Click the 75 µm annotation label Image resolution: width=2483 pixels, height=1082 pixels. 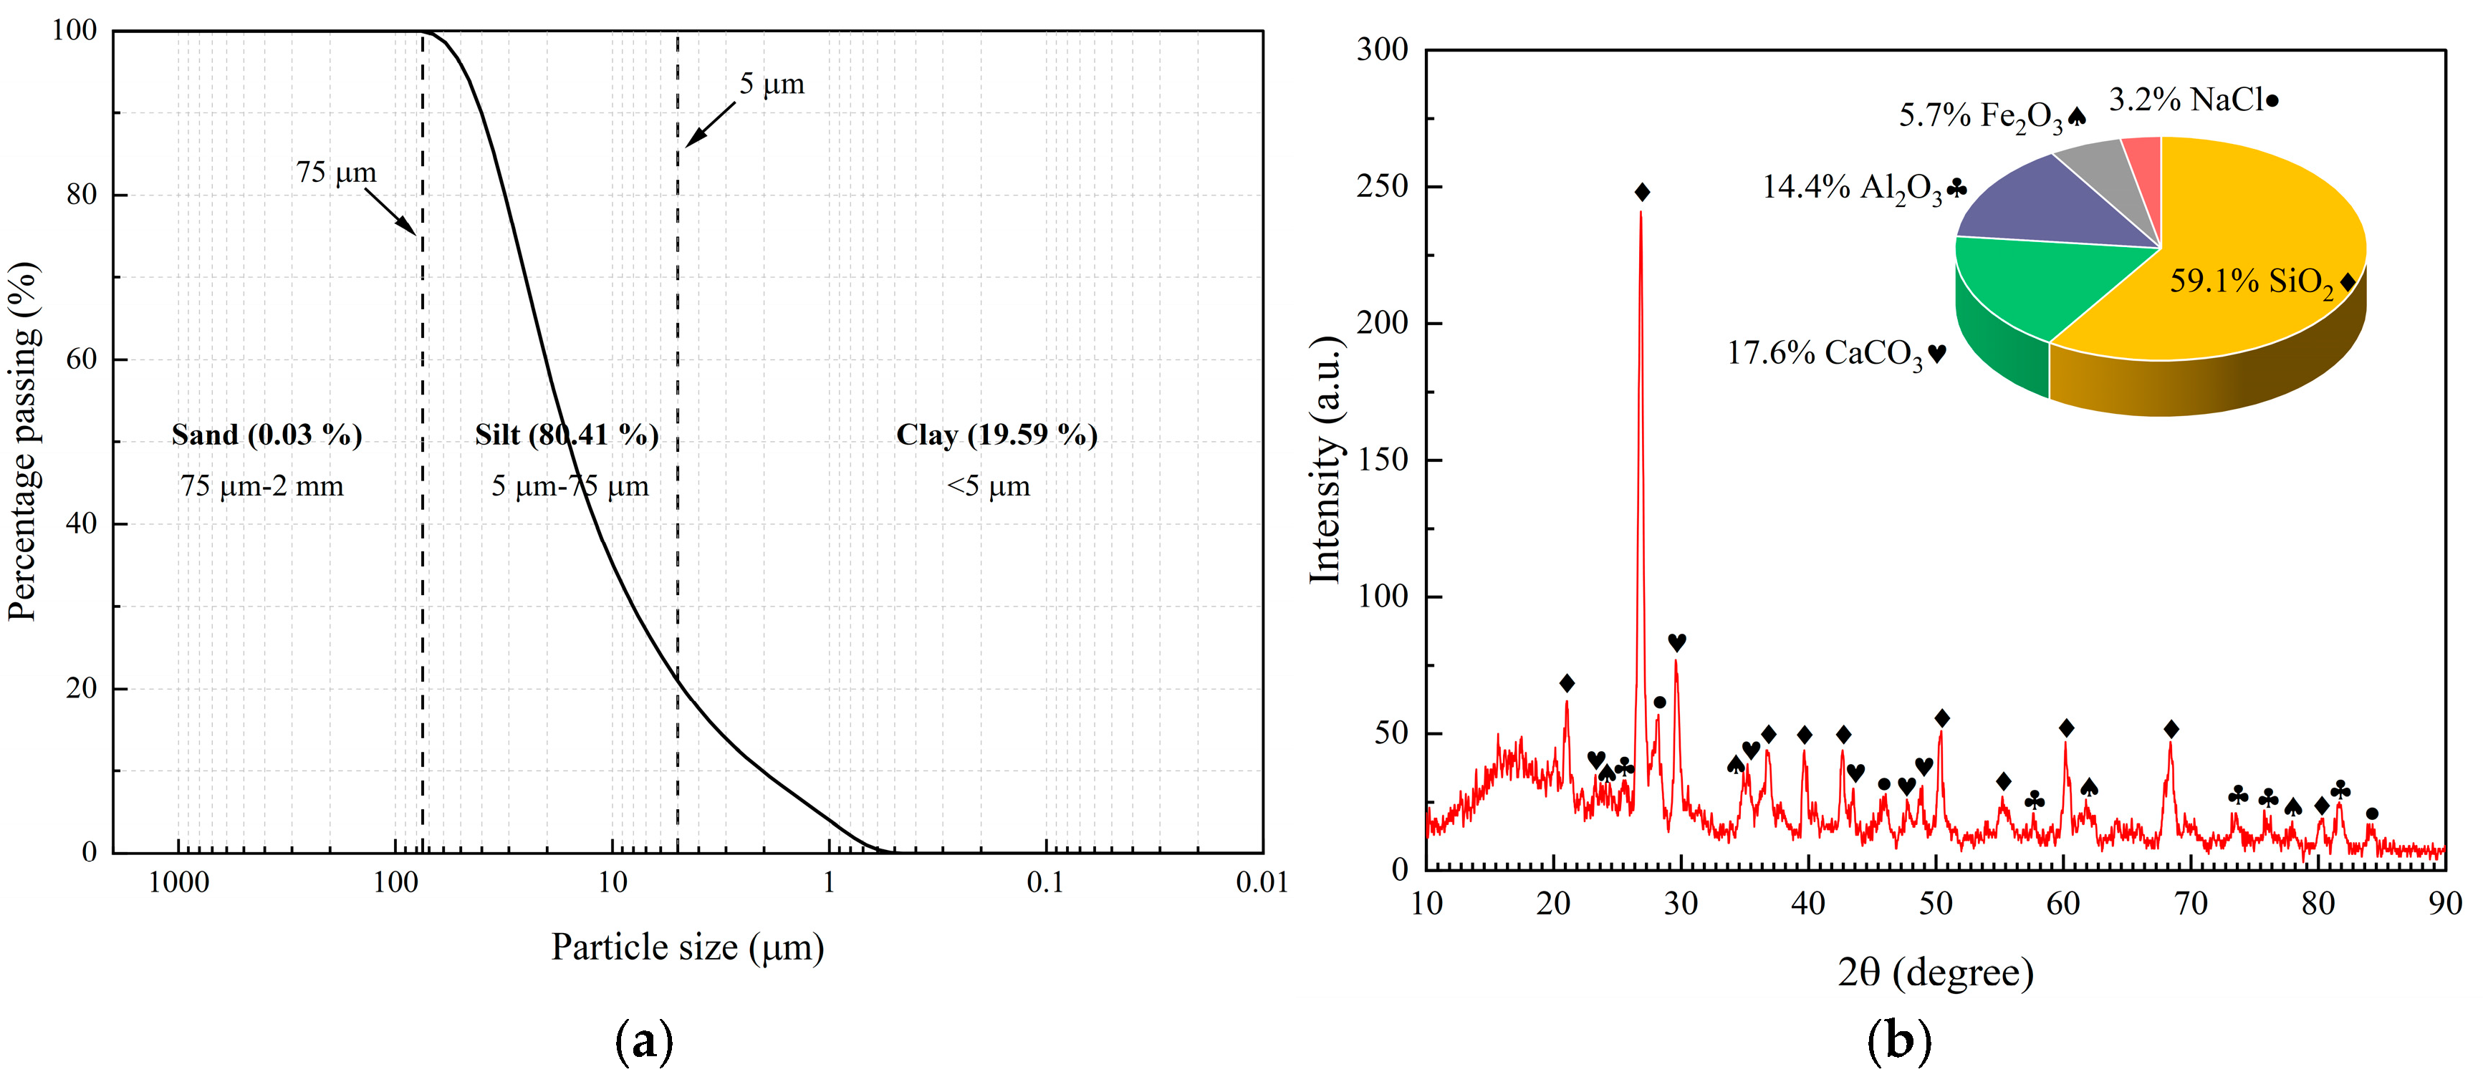coord(335,173)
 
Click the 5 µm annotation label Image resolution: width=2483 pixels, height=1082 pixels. coord(771,84)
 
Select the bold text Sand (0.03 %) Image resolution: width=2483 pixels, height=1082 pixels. coord(266,435)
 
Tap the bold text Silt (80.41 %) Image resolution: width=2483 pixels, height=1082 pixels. coord(567,435)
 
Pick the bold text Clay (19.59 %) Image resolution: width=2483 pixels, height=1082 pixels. coord(996,435)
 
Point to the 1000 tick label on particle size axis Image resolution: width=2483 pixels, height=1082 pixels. coord(178,881)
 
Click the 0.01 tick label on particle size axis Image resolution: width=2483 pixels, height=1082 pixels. coord(1261,881)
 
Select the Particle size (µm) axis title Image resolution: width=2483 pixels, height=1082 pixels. coord(687,947)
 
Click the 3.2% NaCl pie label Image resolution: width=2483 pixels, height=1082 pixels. coord(2193,100)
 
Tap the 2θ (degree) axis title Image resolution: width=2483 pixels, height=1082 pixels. coord(1936,972)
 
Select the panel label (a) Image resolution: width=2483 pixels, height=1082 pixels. coord(644,1041)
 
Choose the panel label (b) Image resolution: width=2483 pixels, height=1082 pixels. coord(1899,1041)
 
